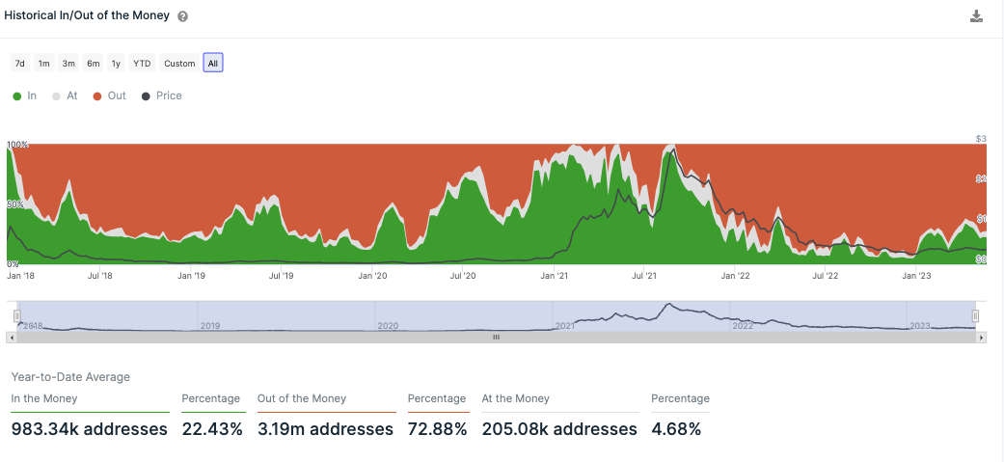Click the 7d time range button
[19, 64]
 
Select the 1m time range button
[43, 64]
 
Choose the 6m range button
[93, 64]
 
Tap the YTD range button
[142, 64]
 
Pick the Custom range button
[179, 64]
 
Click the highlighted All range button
[213, 64]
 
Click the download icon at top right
[976, 16]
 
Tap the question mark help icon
[183, 17]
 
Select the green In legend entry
[25, 95]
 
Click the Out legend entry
[110, 95]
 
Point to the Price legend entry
[162, 95]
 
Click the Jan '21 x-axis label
[554, 276]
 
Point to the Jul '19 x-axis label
[282, 276]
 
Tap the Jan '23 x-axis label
[916, 276]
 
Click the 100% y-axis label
[18, 145]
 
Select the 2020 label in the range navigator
[388, 326]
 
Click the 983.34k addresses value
[90, 428]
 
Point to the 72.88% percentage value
[437, 428]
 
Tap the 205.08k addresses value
[559, 428]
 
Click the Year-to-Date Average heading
[70, 377]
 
